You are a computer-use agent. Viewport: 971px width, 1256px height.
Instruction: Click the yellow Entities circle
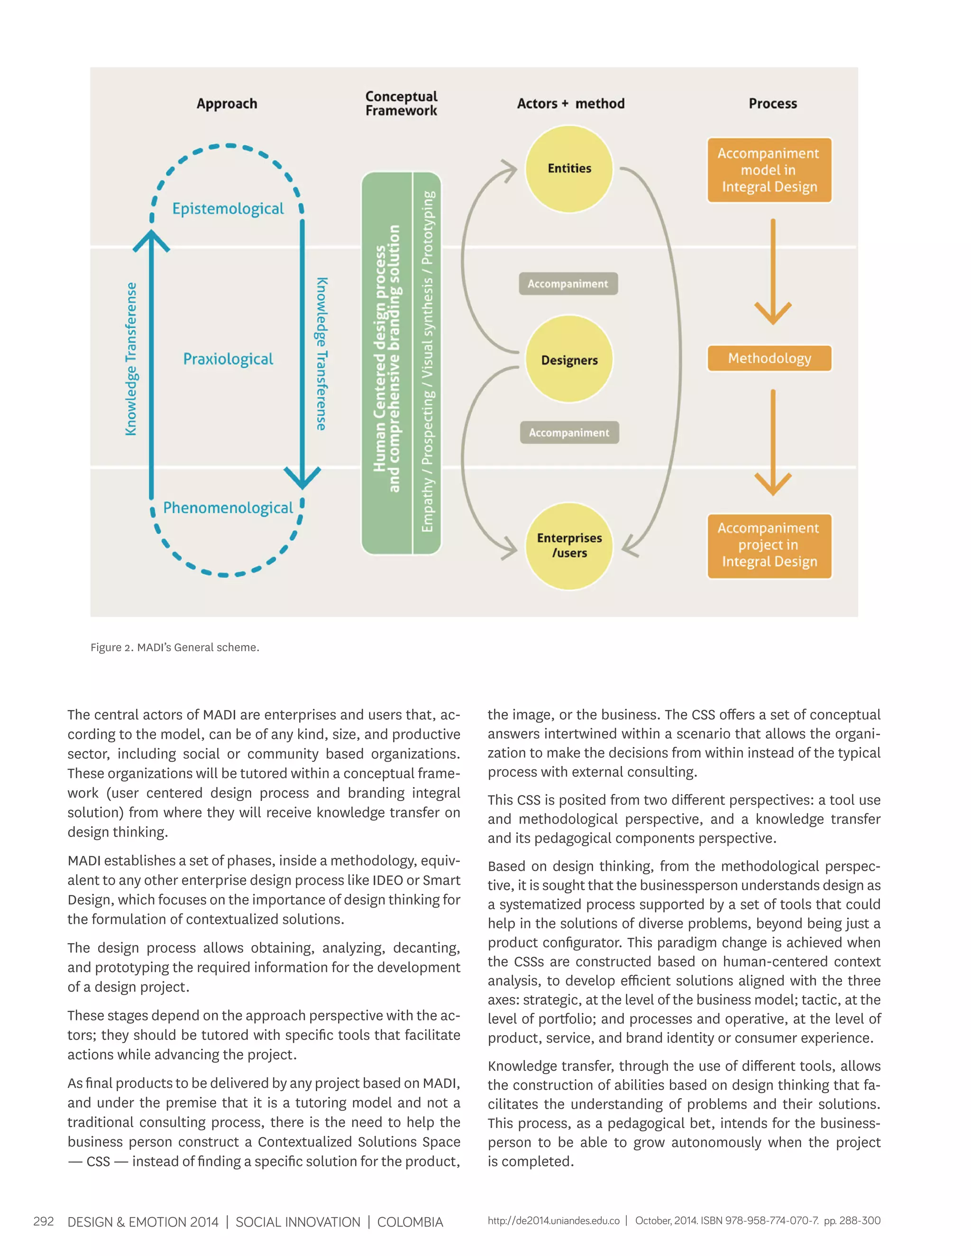tap(569, 169)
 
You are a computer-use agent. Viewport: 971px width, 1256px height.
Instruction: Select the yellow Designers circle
tap(569, 359)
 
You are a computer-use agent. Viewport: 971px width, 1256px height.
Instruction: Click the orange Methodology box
tap(769, 358)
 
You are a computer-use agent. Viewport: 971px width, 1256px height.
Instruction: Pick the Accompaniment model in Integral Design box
tap(769, 170)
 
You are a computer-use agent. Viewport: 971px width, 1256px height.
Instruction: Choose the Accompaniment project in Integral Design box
tap(769, 545)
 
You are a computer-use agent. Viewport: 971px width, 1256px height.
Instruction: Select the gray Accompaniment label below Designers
tap(569, 432)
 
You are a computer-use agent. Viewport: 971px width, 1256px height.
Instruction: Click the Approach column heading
tap(227, 103)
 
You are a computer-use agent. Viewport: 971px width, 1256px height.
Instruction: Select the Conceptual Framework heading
tap(401, 103)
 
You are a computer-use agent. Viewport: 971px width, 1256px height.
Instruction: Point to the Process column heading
tap(772, 103)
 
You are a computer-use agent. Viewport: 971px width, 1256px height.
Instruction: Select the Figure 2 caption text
tap(175, 647)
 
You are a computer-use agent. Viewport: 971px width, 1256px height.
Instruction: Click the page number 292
tap(44, 1221)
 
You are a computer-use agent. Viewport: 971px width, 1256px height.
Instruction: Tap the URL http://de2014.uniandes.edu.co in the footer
tap(553, 1220)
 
